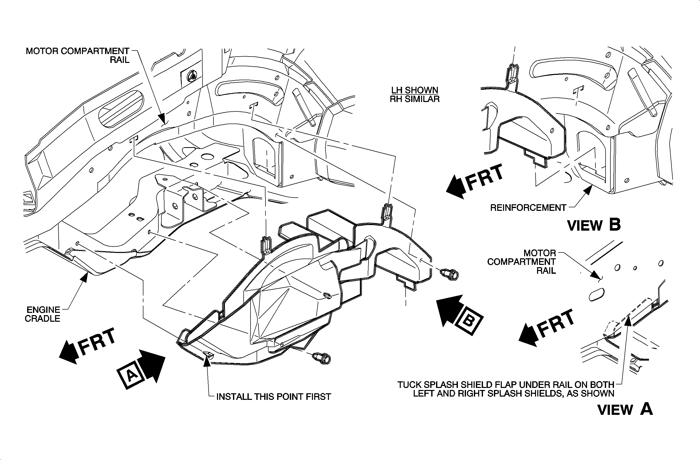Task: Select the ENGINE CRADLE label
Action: tap(43, 314)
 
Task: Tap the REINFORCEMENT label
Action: tap(528, 208)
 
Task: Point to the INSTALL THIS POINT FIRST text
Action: tap(274, 397)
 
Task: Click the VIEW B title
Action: tap(594, 225)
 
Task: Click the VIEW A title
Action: tap(625, 409)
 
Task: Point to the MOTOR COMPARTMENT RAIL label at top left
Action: tap(78, 55)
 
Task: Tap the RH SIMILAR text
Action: tap(414, 99)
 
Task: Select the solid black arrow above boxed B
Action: tap(449, 310)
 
